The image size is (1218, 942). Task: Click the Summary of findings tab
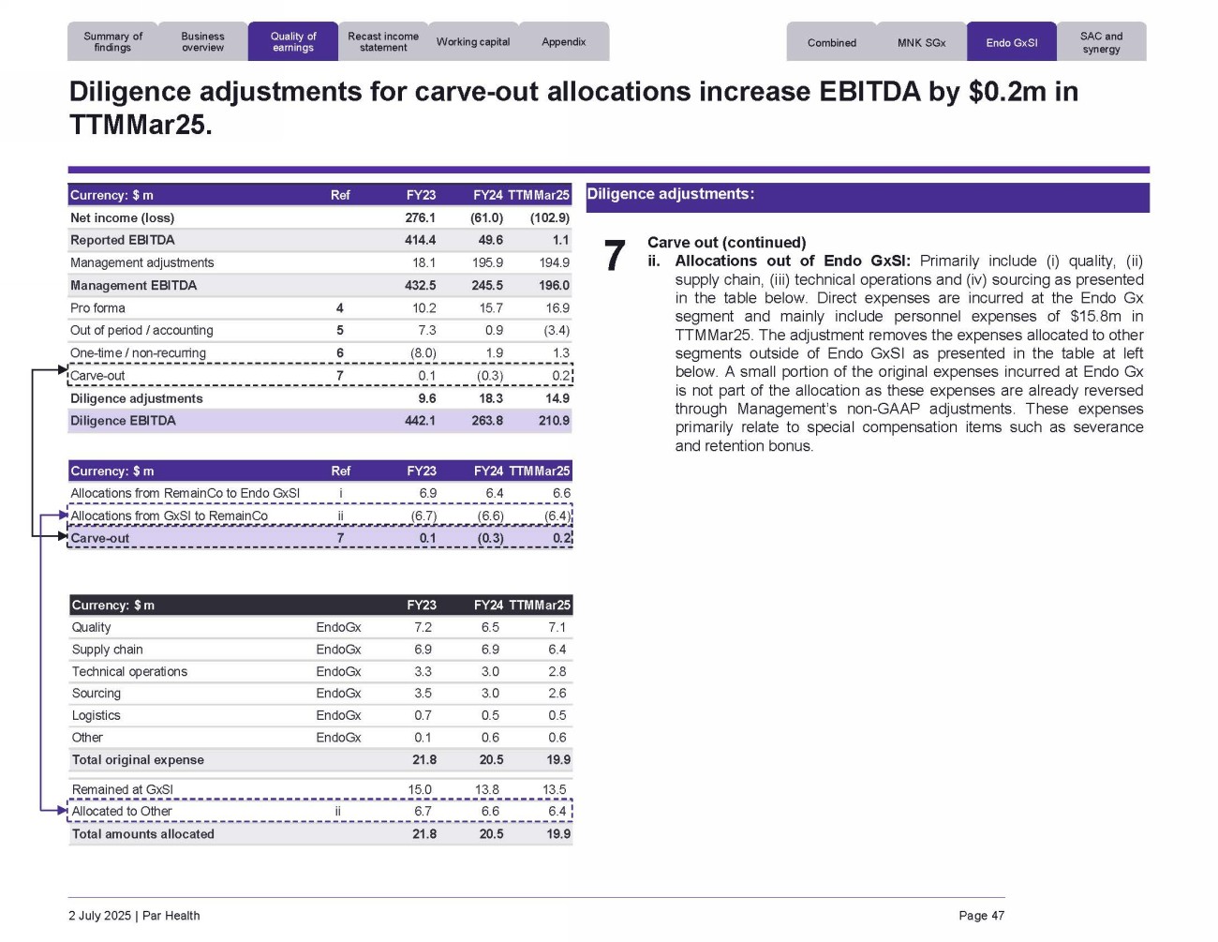112,42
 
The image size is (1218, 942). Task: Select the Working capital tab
473,42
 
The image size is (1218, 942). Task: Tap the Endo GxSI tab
1012,43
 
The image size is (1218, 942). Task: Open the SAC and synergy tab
1101,43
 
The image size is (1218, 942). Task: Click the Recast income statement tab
383,42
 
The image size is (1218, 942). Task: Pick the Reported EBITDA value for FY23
420,241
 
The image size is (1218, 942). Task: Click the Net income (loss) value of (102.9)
550,218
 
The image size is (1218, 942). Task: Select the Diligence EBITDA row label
123,421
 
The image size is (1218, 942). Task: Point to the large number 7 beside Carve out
614,257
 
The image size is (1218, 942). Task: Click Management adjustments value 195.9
487,263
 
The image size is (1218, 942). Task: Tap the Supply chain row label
108,650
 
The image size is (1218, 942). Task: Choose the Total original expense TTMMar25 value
558,760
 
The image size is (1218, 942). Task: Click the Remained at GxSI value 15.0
420,789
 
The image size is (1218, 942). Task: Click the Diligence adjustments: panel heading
670,194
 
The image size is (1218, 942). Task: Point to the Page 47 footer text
981,916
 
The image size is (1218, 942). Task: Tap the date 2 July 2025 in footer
99,916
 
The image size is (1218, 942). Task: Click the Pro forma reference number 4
340,308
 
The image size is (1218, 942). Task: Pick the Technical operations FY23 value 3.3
423,672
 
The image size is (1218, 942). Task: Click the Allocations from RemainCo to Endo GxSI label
186,493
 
